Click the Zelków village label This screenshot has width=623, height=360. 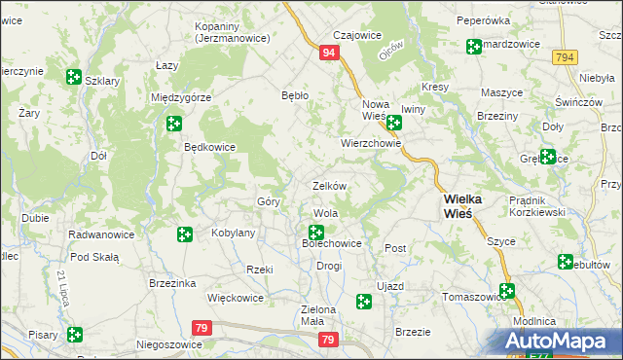pyautogui.click(x=329, y=185)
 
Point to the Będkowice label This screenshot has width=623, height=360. pyautogui.click(x=210, y=149)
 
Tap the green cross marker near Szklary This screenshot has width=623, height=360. pyautogui.click(x=74, y=77)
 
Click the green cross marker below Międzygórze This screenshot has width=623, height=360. pyautogui.click(x=173, y=124)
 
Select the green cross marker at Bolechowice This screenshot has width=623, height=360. pyautogui.click(x=316, y=233)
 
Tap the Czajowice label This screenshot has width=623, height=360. pyautogui.click(x=357, y=35)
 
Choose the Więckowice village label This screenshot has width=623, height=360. pyautogui.click(x=237, y=298)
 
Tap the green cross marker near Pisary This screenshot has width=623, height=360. pyautogui.click(x=75, y=335)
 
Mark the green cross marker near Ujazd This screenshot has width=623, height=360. pyautogui.click(x=364, y=303)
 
